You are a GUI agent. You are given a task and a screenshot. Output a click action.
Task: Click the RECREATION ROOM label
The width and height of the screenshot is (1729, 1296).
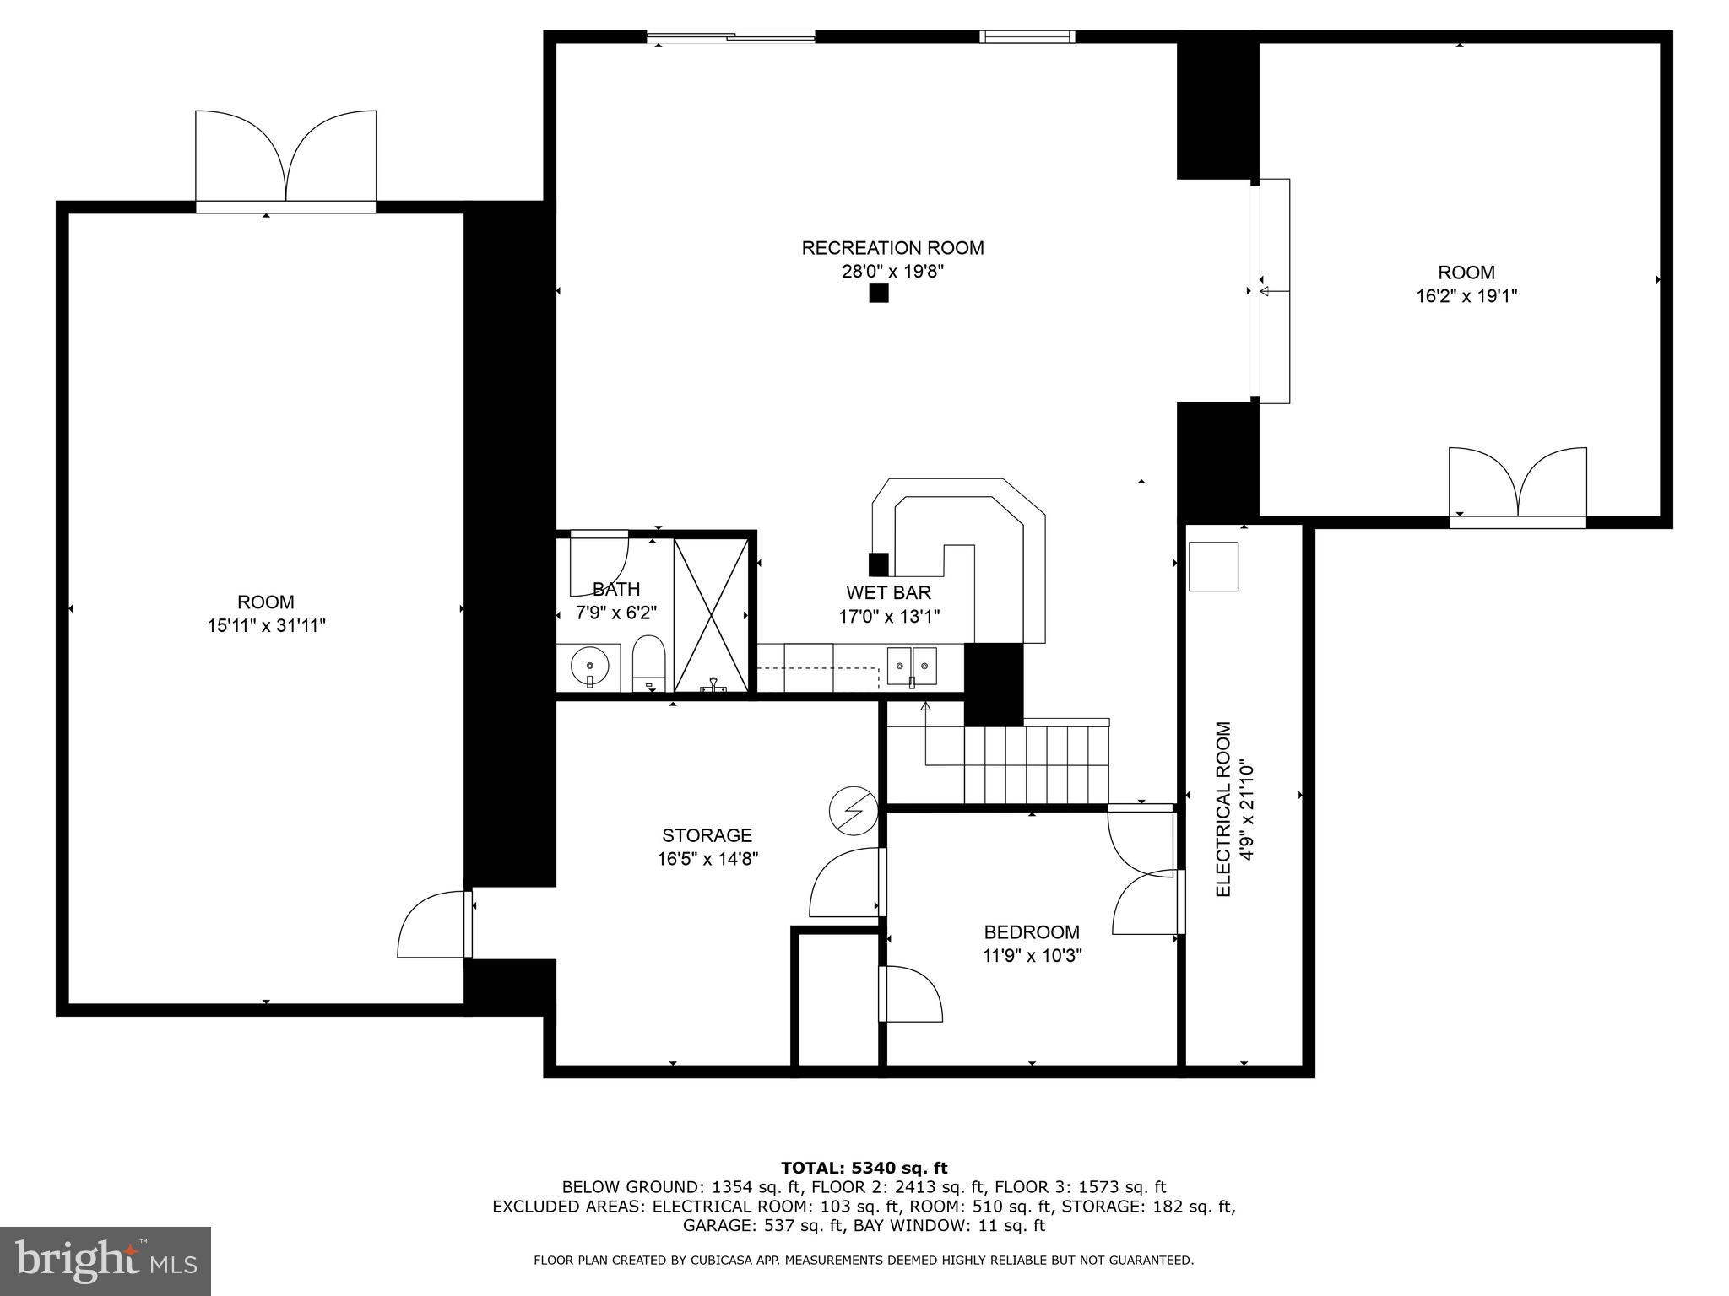pyautogui.click(x=892, y=248)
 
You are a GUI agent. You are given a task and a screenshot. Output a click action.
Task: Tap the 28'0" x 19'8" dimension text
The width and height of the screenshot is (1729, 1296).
pyautogui.click(x=892, y=272)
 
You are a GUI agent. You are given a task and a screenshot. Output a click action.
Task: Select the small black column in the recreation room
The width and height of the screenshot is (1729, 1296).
pyautogui.click(x=879, y=293)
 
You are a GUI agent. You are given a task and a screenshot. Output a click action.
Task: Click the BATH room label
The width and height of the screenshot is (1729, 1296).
pyautogui.click(x=616, y=589)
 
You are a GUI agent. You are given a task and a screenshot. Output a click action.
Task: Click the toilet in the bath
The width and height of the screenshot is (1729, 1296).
pyautogui.click(x=649, y=663)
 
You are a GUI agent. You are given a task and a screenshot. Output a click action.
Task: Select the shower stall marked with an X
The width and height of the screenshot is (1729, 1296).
pyautogui.click(x=711, y=616)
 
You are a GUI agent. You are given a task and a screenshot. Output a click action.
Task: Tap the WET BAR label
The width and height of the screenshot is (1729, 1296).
pyautogui.click(x=889, y=592)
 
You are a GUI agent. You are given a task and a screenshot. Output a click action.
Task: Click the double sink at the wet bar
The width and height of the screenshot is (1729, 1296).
pyautogui.click(x=912, y=666)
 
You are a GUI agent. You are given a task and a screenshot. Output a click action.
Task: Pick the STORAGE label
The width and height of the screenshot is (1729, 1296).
pyautogui.click(x=707, y=835)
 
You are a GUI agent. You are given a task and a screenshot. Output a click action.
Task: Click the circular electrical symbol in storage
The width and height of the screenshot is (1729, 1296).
pyautogui.click(x=854, y=811)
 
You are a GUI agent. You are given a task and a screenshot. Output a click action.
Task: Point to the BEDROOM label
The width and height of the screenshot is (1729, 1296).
pyautogui.click(x=1032, y=931)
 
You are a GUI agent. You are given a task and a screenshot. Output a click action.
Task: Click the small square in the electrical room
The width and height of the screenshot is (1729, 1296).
pyautogui.click(x=1213, y=566)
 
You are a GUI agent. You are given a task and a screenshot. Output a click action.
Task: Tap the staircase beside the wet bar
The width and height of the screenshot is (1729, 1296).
pyautogui.click(x=1036, y=762)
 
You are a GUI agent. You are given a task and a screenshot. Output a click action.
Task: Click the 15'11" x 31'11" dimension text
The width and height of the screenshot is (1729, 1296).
pyautogui.click(x=266, y=626)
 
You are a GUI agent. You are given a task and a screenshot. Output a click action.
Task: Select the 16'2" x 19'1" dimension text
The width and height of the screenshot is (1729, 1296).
pyautogui.click(x=1466, y=296)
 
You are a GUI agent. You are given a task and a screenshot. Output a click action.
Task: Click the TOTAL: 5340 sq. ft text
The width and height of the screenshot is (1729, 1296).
pyautogui.click(x=864, y=1168)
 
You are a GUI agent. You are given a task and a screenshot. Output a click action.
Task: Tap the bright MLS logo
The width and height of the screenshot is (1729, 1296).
pyautogui.click(x=106, y=1261)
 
